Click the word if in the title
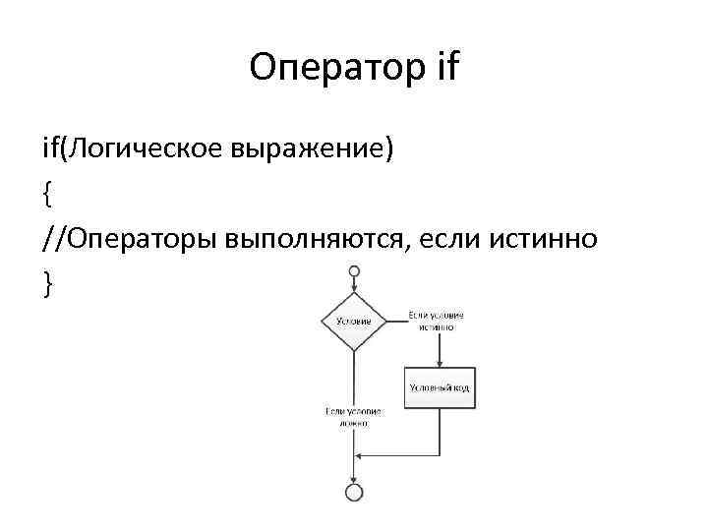point(443,68)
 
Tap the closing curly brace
point(46,282)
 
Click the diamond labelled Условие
point(354,321)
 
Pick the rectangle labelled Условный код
point(439,387)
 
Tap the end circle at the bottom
point(354,491)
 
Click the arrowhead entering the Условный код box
point(439,365)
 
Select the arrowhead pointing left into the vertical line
point(360,455)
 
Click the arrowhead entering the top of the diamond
point(354,288)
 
